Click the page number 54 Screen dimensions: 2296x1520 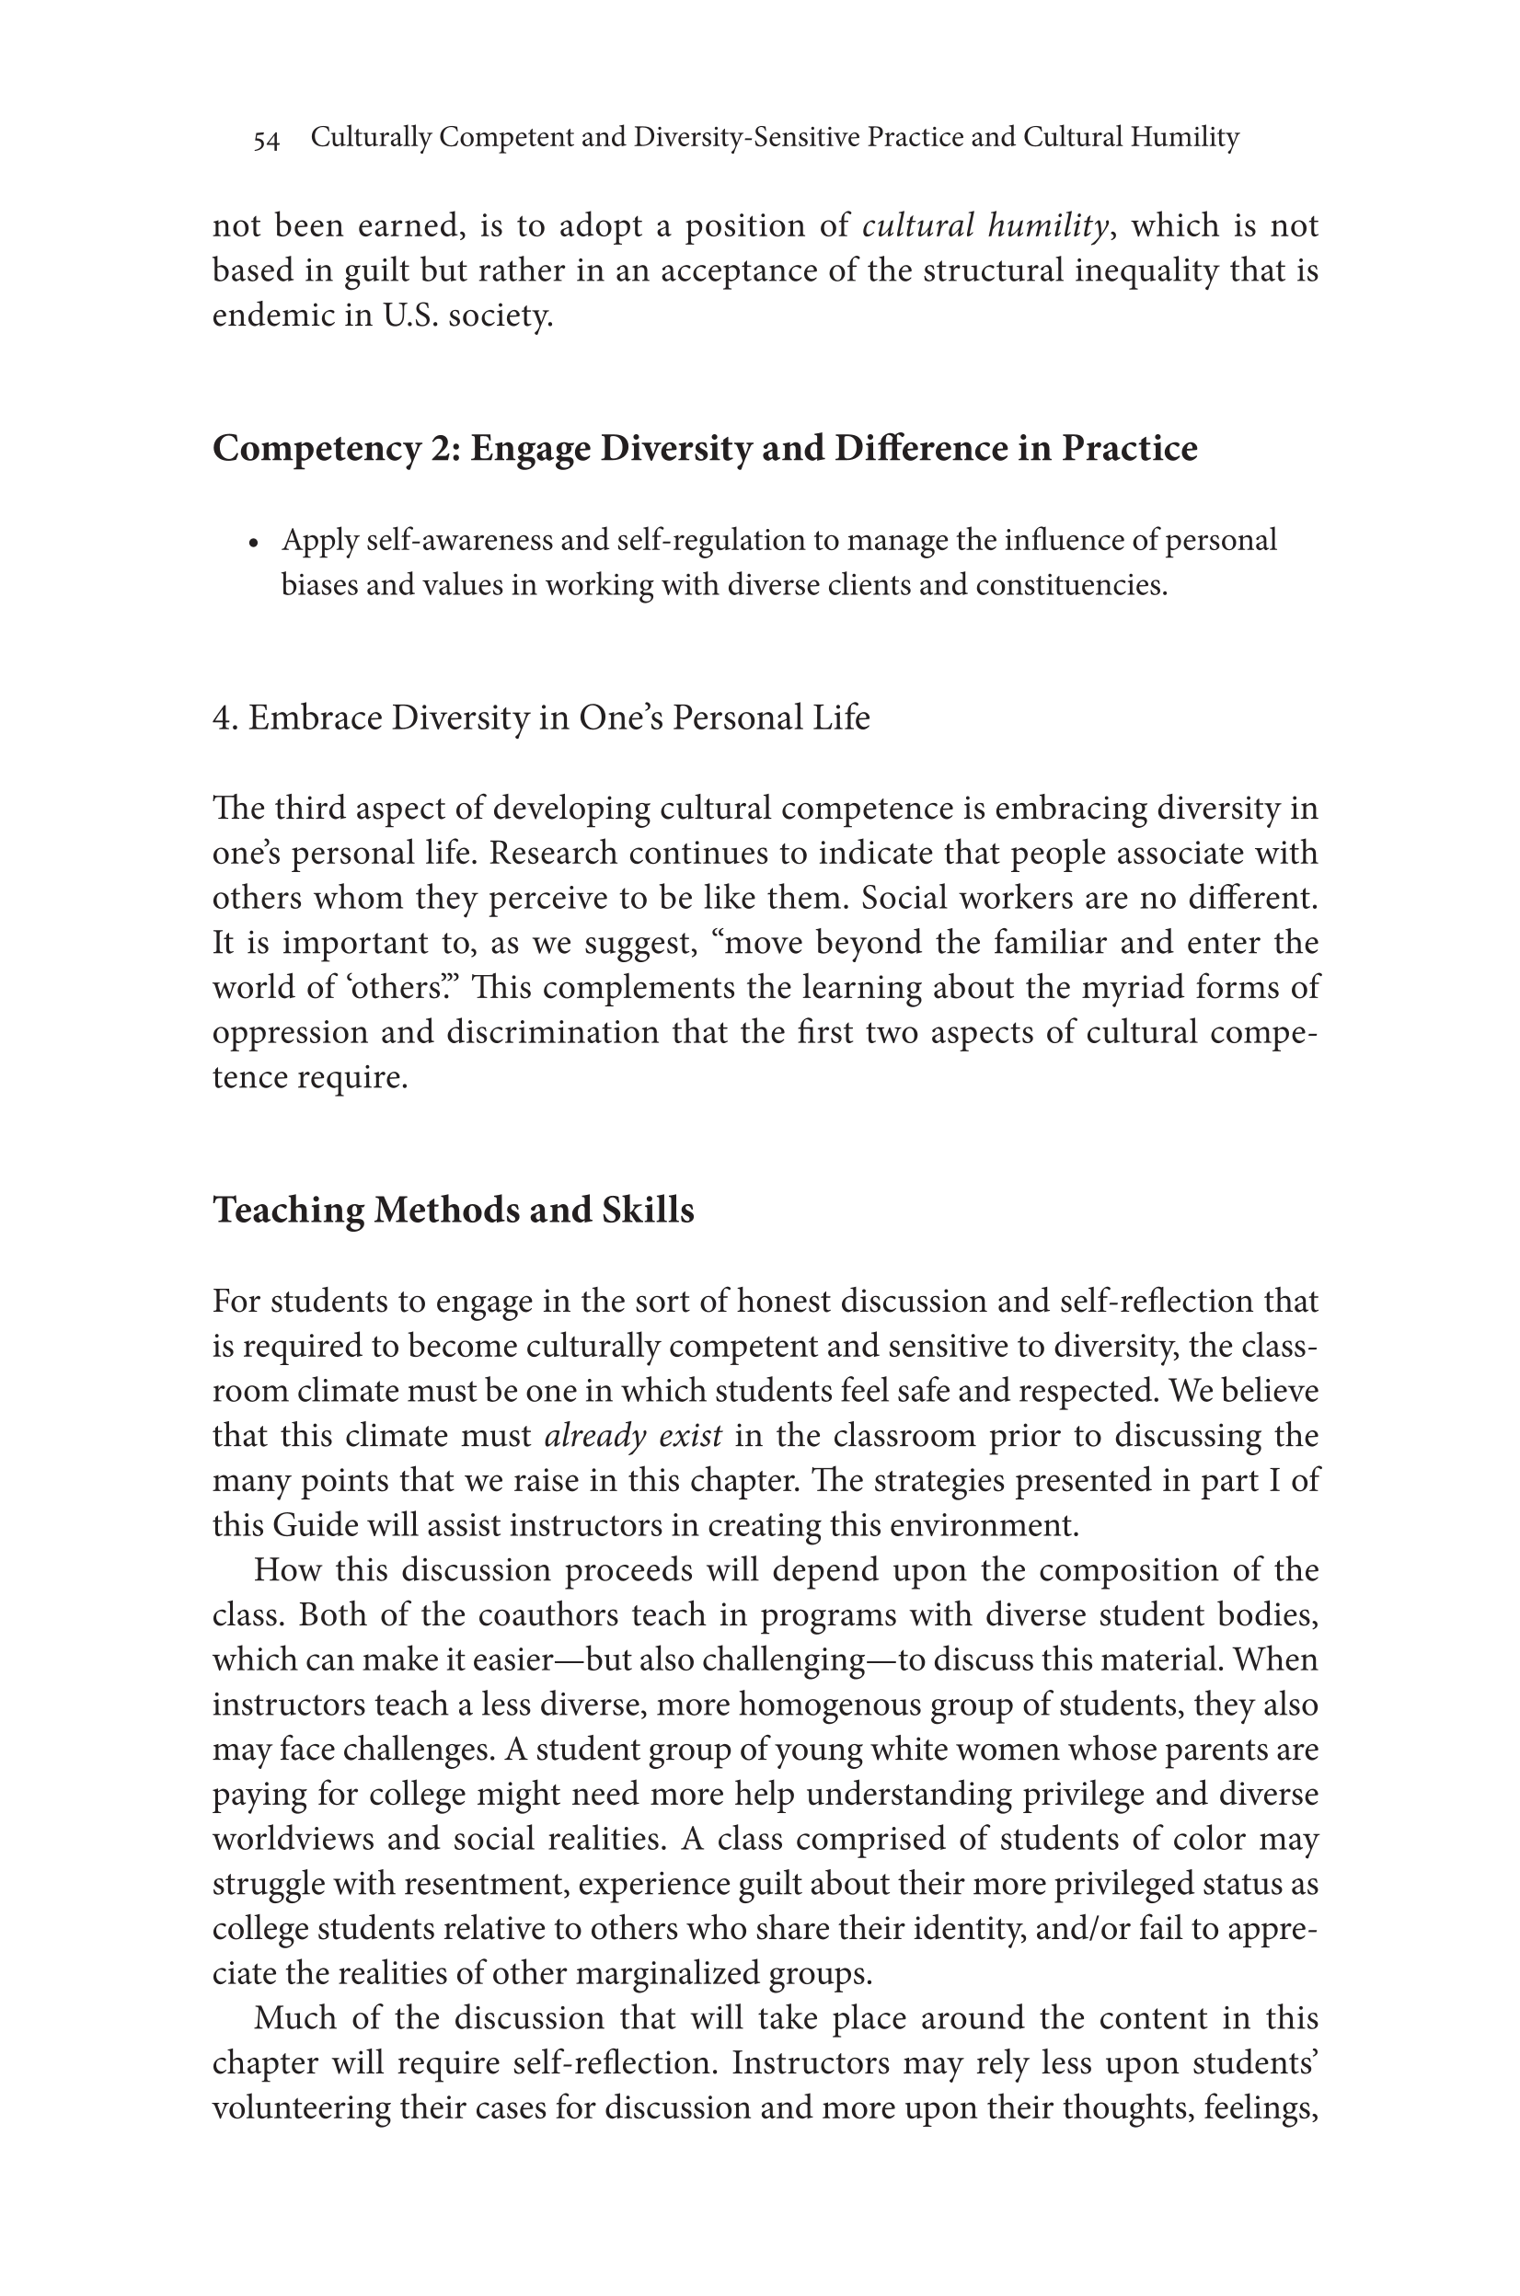click(x=267, y=141)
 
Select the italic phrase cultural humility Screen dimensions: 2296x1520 click(x=985, y=225)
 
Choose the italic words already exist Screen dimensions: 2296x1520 click(x=633, y=1435)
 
